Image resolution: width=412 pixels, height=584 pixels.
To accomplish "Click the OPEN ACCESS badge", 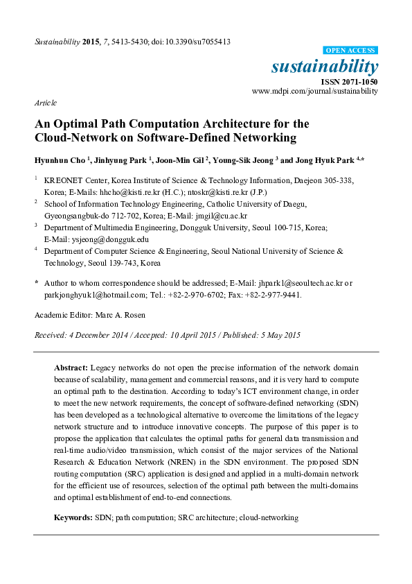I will tap(351, 51).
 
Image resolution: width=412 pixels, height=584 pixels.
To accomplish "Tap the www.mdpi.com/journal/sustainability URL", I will tap(315, 91).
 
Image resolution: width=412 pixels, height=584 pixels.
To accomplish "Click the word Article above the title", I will tap(46, 103).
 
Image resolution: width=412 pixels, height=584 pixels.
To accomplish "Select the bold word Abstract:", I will tap(71, 366).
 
